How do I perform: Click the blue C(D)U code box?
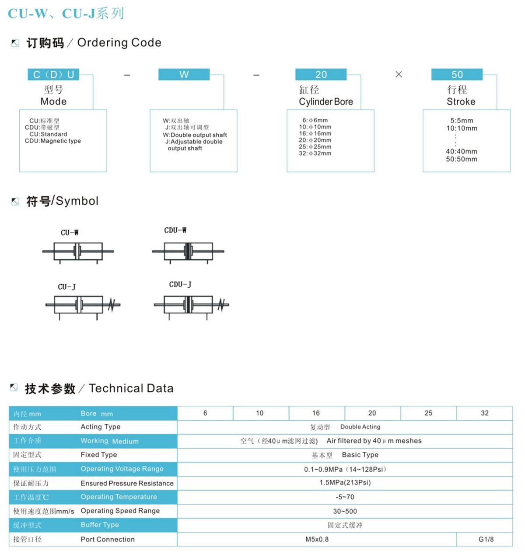coord(53,74)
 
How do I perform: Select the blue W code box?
coord(184,74)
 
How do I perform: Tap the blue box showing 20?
coord(321,74)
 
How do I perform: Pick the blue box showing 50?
coord(457,74)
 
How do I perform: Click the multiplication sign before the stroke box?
coord(399,74)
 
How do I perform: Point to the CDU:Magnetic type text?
coord(53,141)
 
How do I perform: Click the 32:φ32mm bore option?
coord(315,153)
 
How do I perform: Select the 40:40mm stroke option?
coord(462,151)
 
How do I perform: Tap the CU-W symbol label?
coord(70,233)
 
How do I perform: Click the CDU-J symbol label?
coord(180,285)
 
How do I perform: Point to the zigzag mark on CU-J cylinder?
coord(112,304)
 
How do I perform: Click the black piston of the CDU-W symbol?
coord(188,251)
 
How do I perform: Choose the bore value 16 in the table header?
coord(316,413)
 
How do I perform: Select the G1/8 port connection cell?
coord(486,539)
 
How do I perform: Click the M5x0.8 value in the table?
coord(317,539)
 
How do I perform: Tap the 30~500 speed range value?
coord(345,511)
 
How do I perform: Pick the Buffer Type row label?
coord(100,525)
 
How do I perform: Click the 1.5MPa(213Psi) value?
coord(345,483)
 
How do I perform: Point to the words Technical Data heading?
coord(131,388)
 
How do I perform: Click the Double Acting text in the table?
coord(360,427)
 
